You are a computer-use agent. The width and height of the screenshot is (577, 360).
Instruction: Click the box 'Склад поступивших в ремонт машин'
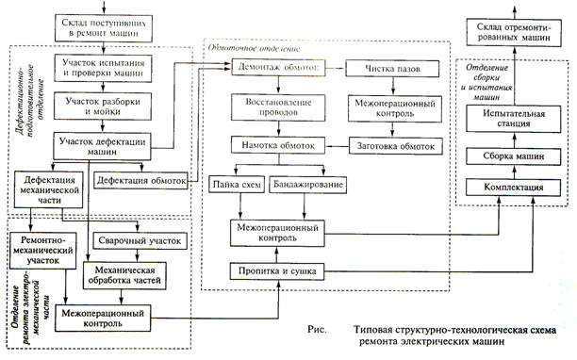pos(104,28)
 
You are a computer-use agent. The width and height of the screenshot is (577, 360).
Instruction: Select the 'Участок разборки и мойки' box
pos(103,106)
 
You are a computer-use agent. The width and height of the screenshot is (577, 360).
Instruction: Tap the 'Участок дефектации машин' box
pos(102,146)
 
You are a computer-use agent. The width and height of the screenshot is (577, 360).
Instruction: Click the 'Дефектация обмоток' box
pos(140,181)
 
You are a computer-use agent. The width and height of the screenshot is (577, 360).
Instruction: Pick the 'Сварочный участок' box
pos(140,241)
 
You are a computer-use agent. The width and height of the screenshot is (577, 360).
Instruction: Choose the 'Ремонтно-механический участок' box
pos(42,251)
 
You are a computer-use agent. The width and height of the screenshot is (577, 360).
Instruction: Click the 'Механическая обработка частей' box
pos(124,275)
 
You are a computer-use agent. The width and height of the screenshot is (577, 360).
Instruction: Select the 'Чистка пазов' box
pos(392,69)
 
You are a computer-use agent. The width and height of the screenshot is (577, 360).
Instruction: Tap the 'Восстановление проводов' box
pos(278,107)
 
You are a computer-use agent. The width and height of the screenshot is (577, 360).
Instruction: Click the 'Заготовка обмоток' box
pos(396,146)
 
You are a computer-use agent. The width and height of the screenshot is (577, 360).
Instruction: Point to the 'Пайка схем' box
pos(237,184)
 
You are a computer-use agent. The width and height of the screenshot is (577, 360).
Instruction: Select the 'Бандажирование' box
pos(308,184)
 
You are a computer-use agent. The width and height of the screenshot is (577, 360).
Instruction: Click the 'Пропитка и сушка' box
pos(277,271)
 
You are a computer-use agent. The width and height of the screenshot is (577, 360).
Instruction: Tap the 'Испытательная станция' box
pos(514,119)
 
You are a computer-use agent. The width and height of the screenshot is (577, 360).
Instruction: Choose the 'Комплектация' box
pos(513,188)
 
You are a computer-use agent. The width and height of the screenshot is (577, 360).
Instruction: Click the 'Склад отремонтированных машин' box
pos(514,32)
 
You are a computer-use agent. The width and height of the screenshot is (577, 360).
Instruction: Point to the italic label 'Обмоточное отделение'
pos(254,48)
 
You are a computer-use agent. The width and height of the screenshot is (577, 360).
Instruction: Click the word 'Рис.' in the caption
pos(317,329)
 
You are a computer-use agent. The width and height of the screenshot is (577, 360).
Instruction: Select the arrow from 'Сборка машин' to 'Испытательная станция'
pos(515,139)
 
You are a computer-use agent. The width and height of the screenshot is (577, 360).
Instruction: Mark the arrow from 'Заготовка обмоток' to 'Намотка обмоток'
pos(338,146)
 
